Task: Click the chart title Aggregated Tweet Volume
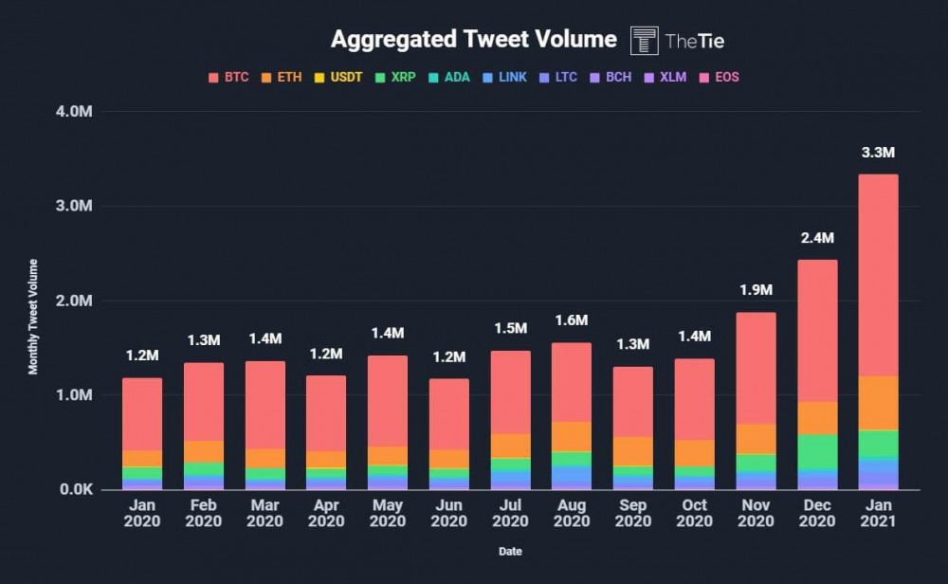click(x=473, y=40)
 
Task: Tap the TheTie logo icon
click(x=645, y=41)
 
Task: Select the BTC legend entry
click(x=228, y=77)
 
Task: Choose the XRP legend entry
click(x=395, y=77)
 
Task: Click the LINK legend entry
click(x=504, y=77)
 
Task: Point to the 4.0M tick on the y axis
click(x=74, y=112)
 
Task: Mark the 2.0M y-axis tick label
click(x=74, y=301)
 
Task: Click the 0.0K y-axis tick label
click(x=74, y=489)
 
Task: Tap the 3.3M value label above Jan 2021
click(x=878, y=153)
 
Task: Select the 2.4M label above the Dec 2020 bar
click(x=816, y=238)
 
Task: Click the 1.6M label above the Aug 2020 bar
click(x=571, y=320)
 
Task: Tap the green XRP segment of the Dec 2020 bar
click(x=816, y=451)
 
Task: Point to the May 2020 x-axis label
click(x=387, y=514)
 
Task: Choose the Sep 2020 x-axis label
click(x=632, y=514)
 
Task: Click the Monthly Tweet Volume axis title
click(x=33, y=317)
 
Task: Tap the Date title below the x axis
click(x=510, y=551)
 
